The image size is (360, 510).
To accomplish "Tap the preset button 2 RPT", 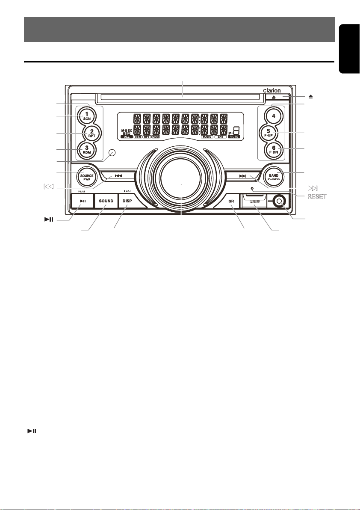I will click(x=91, y=133).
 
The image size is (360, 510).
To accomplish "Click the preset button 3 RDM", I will click(x=87, y=150).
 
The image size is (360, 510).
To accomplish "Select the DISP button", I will click(x=127, y=201).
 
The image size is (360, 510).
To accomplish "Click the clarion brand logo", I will click(x=275, y=90).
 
